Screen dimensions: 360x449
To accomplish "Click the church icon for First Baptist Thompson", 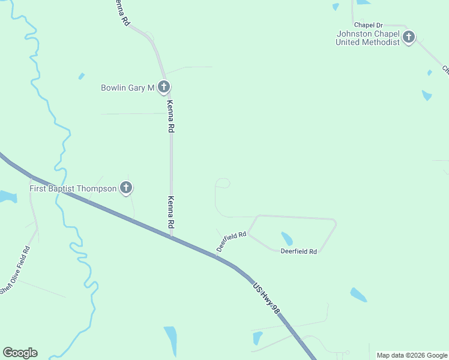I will tap(126, 188).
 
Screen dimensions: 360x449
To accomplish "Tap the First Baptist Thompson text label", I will tap(73, 189).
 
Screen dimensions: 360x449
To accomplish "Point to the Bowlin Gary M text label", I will tap(128, 88).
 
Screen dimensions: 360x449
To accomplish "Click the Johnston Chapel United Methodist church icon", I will tap(409, 38).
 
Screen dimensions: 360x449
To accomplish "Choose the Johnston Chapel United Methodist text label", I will tap(367, 38).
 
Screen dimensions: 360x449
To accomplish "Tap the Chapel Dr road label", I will tap(368, 25).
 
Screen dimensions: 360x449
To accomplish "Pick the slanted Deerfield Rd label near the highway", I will tap(232, 241).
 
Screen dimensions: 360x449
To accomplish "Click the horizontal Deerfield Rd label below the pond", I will tap(298, 251).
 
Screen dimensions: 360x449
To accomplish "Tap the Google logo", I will tap(20, 353).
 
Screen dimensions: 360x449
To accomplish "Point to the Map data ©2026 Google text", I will tap(412, 355).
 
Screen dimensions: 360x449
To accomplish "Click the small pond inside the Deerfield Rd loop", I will tap(287, 239).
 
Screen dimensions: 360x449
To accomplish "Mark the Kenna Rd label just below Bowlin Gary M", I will tap(171, 116).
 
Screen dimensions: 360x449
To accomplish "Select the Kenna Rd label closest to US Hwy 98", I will tap(171, 212).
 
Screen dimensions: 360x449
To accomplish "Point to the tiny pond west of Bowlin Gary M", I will tap(81, 76).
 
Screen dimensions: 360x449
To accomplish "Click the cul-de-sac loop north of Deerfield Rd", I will tap(222, 183).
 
